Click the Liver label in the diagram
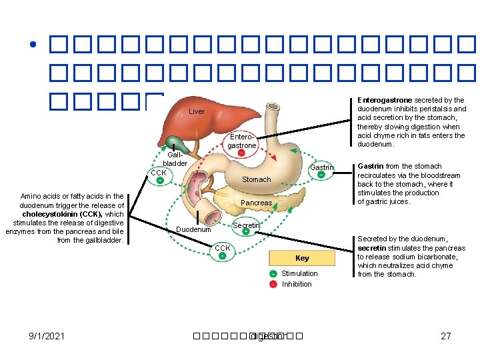point(197,111)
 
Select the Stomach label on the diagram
point(256,179)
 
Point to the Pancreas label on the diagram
point(256,203)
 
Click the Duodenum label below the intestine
point(193,229)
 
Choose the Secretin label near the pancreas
point(246,226)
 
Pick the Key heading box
point(302,258)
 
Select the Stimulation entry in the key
point(299,273)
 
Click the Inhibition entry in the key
point(297,284)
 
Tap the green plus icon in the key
point(273,274)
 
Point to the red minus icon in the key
point(273,285)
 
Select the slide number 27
point(446,336)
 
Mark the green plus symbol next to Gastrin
point(321,175)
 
